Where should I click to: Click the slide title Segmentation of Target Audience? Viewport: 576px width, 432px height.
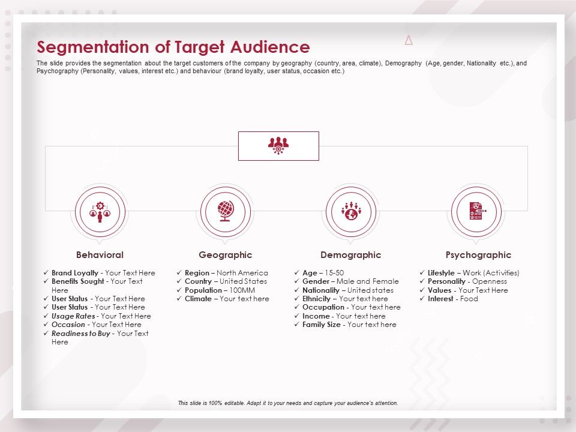click(x=173, y=47)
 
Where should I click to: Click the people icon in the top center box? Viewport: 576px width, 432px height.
click(x=278, y=146)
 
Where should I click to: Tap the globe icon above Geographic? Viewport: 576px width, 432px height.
click(x=226, y=211)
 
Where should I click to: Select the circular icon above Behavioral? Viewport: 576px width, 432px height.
click(x=100, y=211)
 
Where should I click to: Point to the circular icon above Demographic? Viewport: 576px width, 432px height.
click(x=351, y=211)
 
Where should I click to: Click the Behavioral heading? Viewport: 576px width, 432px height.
click(x=100, y=255)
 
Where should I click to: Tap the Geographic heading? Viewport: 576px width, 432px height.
click(x=226, y=255)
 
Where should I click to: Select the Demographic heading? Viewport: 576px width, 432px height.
click(x=351, y=255)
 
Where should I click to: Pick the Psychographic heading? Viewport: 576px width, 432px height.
click(x=478, y=255)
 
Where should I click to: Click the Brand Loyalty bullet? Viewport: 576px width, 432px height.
click(x=103, y=273)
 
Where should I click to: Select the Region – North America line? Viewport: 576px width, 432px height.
click(x=226, y=273)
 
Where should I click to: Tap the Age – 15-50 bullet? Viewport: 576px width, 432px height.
click(x=323, y=273)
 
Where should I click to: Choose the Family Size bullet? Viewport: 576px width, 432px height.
click(x=349, y=325)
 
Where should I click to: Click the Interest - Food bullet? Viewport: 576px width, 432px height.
click(x=452, y=299)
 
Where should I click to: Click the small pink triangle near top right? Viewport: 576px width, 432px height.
click(x=409, y=41)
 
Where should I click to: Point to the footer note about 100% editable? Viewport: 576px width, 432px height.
click(x=288, y=403)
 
